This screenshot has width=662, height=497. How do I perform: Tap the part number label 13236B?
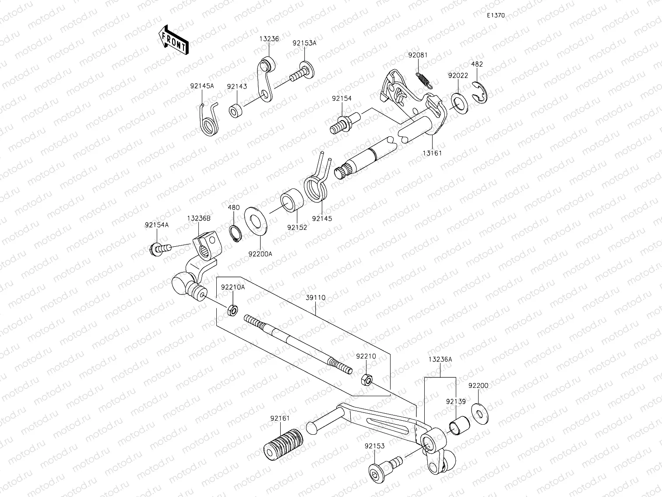pos(199,218)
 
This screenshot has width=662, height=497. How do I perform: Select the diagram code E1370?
pos(496,15)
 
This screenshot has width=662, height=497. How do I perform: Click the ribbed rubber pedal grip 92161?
pos(283,444)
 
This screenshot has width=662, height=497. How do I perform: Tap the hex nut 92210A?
pos(233,311)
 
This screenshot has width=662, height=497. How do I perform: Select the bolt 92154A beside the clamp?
pos(158,248)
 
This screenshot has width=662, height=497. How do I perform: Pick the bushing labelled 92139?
pos(459,424)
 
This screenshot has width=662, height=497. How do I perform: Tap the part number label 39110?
pos(315,298)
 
